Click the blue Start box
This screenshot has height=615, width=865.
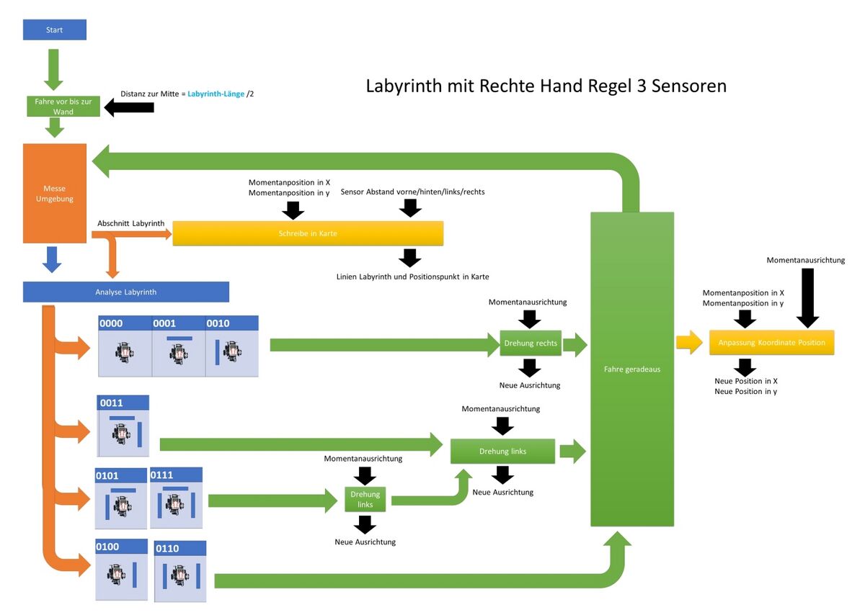[x=55, y=30]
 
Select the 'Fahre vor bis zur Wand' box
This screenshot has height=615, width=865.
[x=63, y=107]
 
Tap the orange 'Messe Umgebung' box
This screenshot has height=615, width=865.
[x=55, y=194]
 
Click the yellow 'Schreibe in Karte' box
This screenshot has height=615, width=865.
[x=308, y=233]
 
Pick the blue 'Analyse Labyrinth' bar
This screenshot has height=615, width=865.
[x=126, y=292]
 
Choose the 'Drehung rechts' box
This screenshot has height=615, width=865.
[x=531, y=343]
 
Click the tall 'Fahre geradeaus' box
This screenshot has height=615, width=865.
[x=632, y=369]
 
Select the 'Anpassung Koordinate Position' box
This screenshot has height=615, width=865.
[x=771, y=342]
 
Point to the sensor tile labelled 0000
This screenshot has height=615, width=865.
[x=125, y=346]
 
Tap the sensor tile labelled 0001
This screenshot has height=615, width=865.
[x=179, y=346]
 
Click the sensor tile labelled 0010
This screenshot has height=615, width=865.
[x=232, y=346]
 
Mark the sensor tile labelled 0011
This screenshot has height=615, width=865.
[x=124, y=426]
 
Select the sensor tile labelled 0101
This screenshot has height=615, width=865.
[x=121, y=498]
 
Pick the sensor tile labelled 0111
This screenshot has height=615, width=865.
[x=176, y=498]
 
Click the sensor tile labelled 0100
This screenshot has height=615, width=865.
[x=122, y=570]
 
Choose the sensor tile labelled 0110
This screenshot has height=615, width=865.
[x=180, y=572]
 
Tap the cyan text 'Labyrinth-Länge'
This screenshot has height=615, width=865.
[x=216, y=94]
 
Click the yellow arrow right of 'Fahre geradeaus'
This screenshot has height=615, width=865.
[x=689, y=342]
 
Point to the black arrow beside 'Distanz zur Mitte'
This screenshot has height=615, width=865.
[x=130, y=107]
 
